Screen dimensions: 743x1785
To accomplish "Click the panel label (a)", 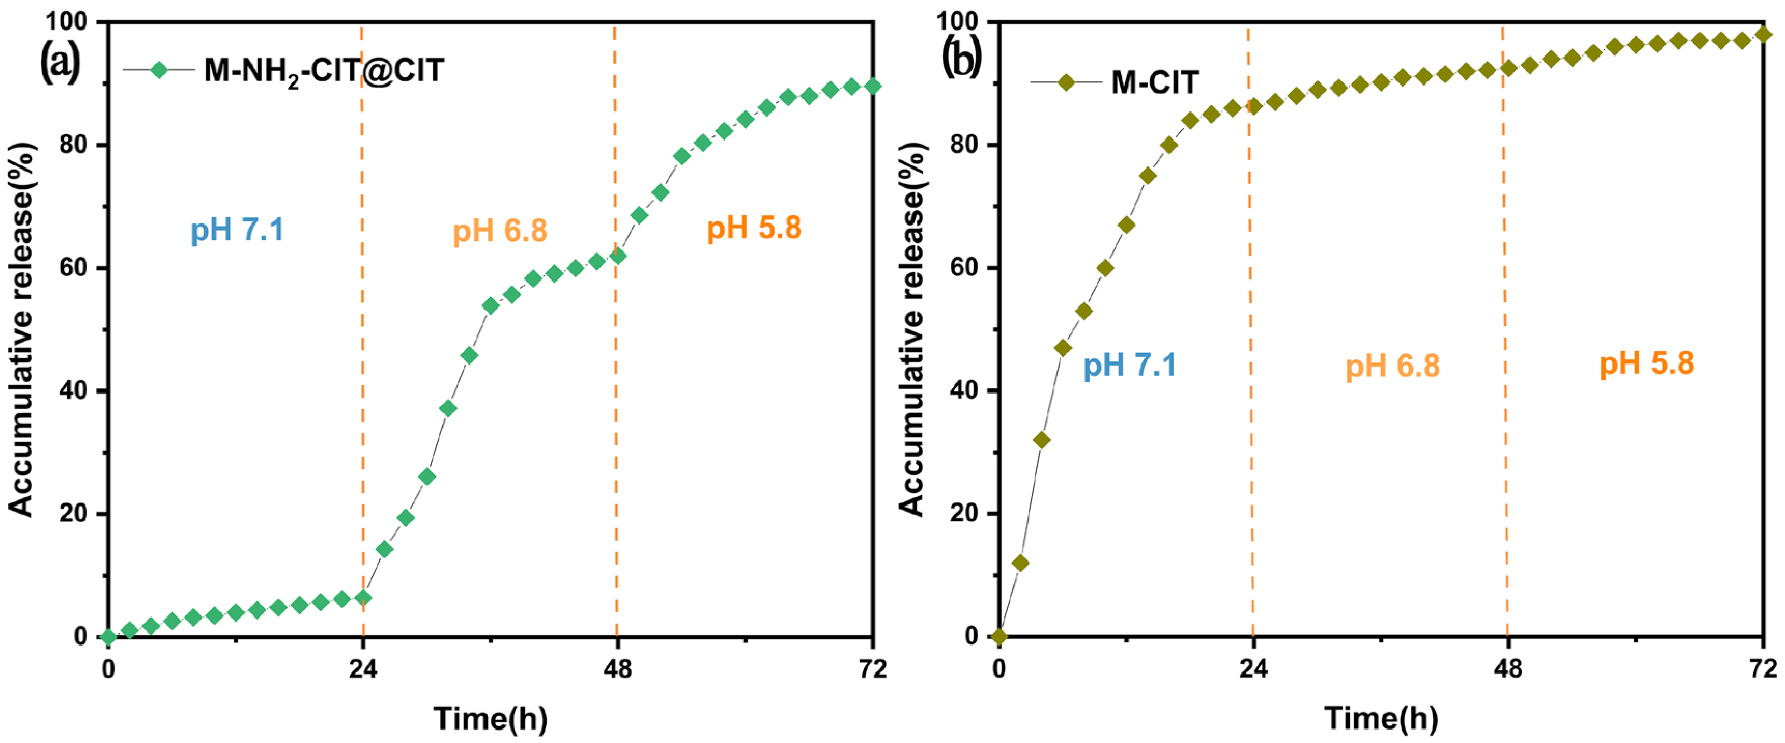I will tap(60, 62).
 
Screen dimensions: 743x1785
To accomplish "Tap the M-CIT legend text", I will tap(1154, 82).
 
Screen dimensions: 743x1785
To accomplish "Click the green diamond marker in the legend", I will tap(159, 70).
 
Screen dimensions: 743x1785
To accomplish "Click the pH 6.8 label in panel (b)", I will tap(1392, 366).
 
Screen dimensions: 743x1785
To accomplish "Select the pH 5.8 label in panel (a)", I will tap(754, 228).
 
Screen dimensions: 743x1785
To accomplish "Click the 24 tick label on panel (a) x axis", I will tap(362, 669).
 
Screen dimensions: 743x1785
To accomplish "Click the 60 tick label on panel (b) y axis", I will tap(965, 268).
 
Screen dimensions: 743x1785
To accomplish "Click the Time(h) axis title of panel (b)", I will tap(1381, 718).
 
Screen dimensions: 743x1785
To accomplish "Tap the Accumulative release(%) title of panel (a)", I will tap(21, 329).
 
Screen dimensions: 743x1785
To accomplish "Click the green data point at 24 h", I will tap(362, 597).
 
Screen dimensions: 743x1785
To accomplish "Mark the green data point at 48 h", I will tap(618, 256).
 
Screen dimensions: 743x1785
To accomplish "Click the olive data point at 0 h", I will tap(998, 636).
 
